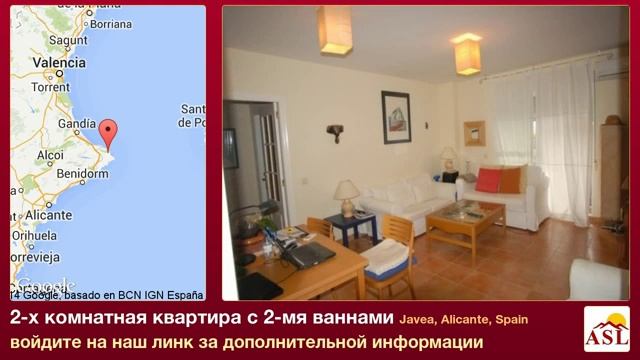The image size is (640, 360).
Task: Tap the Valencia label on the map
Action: (59, 62)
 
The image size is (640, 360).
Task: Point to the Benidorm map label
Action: (82, 173)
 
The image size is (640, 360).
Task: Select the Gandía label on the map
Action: (77, 124)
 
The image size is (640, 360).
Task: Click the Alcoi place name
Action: (50, 155)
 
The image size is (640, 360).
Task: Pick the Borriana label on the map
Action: (109, 23)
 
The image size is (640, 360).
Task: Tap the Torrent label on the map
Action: (50, 87)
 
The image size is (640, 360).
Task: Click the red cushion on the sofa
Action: (488, 180)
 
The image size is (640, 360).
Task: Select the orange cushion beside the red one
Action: (511, 180)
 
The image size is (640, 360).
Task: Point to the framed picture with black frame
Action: (395, 117)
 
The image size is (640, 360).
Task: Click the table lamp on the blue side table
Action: (346, 193)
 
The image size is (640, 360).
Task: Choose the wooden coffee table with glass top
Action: (465, 221)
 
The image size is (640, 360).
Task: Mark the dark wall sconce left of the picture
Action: (335, 132)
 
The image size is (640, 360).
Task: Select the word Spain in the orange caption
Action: (510, 319)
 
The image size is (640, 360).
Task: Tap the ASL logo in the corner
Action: (607, 329)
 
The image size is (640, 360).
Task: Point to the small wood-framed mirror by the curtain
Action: (474, 133)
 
